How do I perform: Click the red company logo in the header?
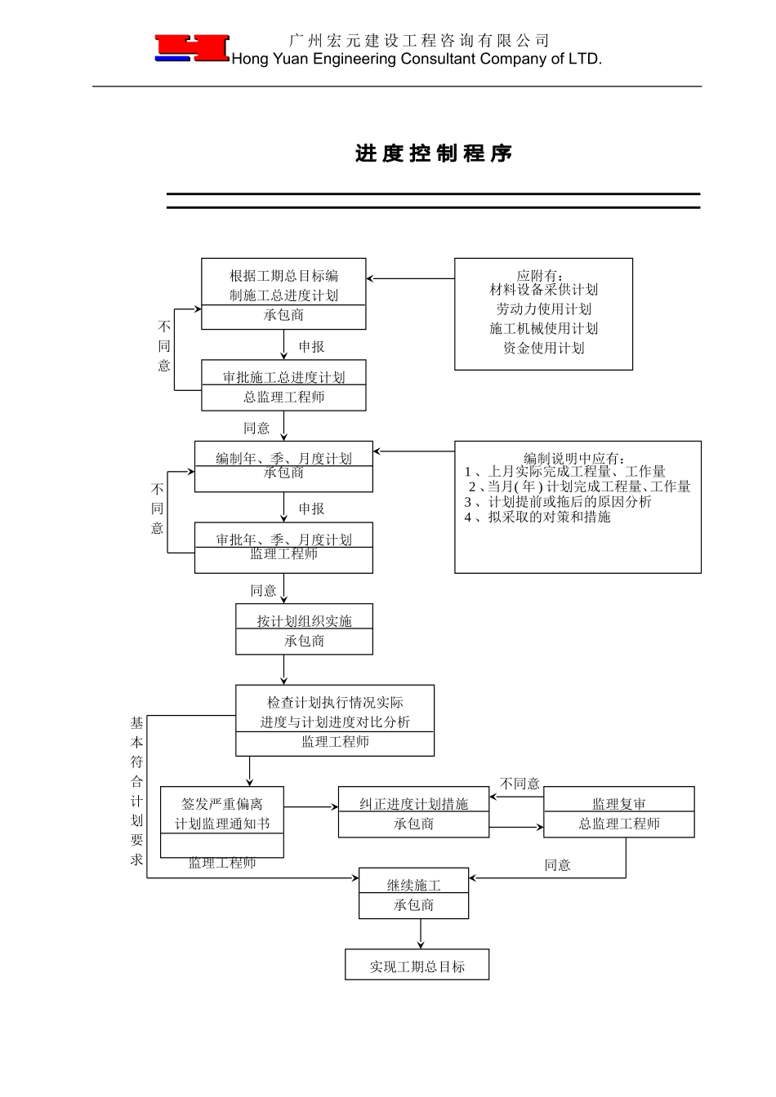pyautogui.click(x=192, y=48)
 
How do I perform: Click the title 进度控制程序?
pyautogui.click(x=434, y=153)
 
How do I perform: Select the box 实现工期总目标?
pyautogui.click(x=417, y=966)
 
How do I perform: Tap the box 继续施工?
pyautogui.click(x=413, y=894)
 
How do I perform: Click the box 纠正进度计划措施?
pyautogui.click(x=413, y=812)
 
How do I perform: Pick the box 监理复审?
pyautogui.click(x=618, y=812)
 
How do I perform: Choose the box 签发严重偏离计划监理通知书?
pyautogui.click(x=221, y=822)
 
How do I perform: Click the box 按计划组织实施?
pyautogui.click(x=304, y=629)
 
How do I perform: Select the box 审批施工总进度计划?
pyautogui.click(x=283, y=385)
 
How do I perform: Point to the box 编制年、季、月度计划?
pyautogui.click(x=283, y=466)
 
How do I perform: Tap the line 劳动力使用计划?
pyautogui.click(x=543, y=309)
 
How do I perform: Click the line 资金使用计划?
pyautogui.click(x=543, y=349)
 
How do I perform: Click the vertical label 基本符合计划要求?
pyautogui.click(x=136, y=791)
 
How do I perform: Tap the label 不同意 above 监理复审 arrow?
pyautogui.click(x=520, y=784)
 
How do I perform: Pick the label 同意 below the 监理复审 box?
pyautogui.click(x=557, y=865)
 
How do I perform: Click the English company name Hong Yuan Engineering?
pyautogui.click(x=417, y=59)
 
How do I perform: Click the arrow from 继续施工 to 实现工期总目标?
pyautogui.click(x=421, y=933)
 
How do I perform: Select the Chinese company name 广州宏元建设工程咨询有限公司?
pyautogui.click(x=419, y=40)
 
